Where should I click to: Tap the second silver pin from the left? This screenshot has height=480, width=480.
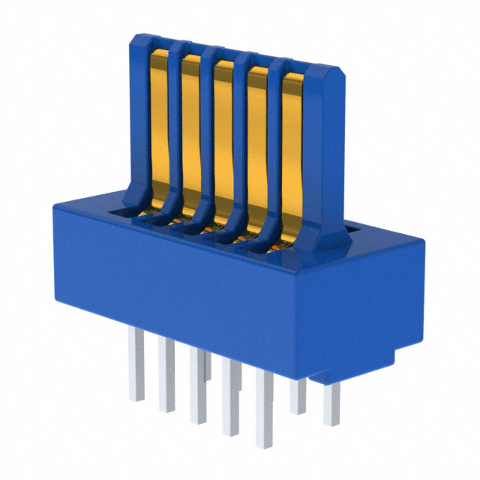coord(166,375)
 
